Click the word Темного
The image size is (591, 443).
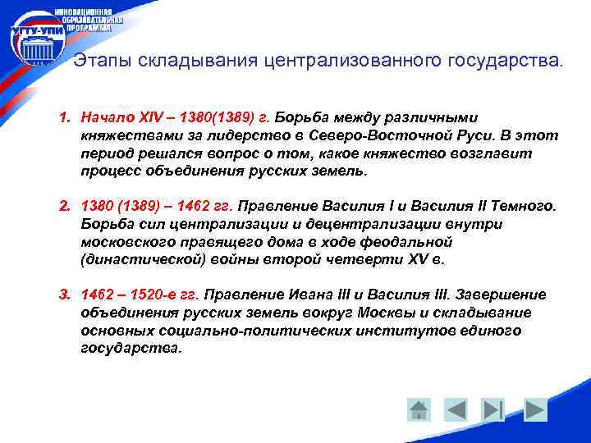click(x=526, y=207)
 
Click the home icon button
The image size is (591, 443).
click(x=419, y=409)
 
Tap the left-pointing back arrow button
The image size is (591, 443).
click(x=456, y=409)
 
